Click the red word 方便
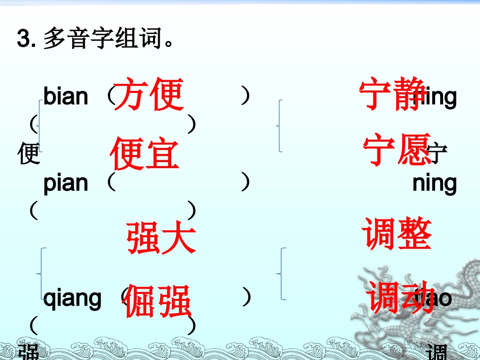(x=148, y=94)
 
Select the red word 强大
(x=161, y=238)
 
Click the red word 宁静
(x=393, y=94)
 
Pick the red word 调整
(x=397, y=235)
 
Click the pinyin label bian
(x=65, y=96)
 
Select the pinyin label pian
(x=65, y=183)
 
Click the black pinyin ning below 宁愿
(x=434, y=183)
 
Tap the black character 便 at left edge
(x=28, y=153)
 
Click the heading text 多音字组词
(x=108, y=38)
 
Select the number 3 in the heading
(x=23, y=39)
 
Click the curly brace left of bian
(x=39, y=126)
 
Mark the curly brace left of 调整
(x=281, y=274)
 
